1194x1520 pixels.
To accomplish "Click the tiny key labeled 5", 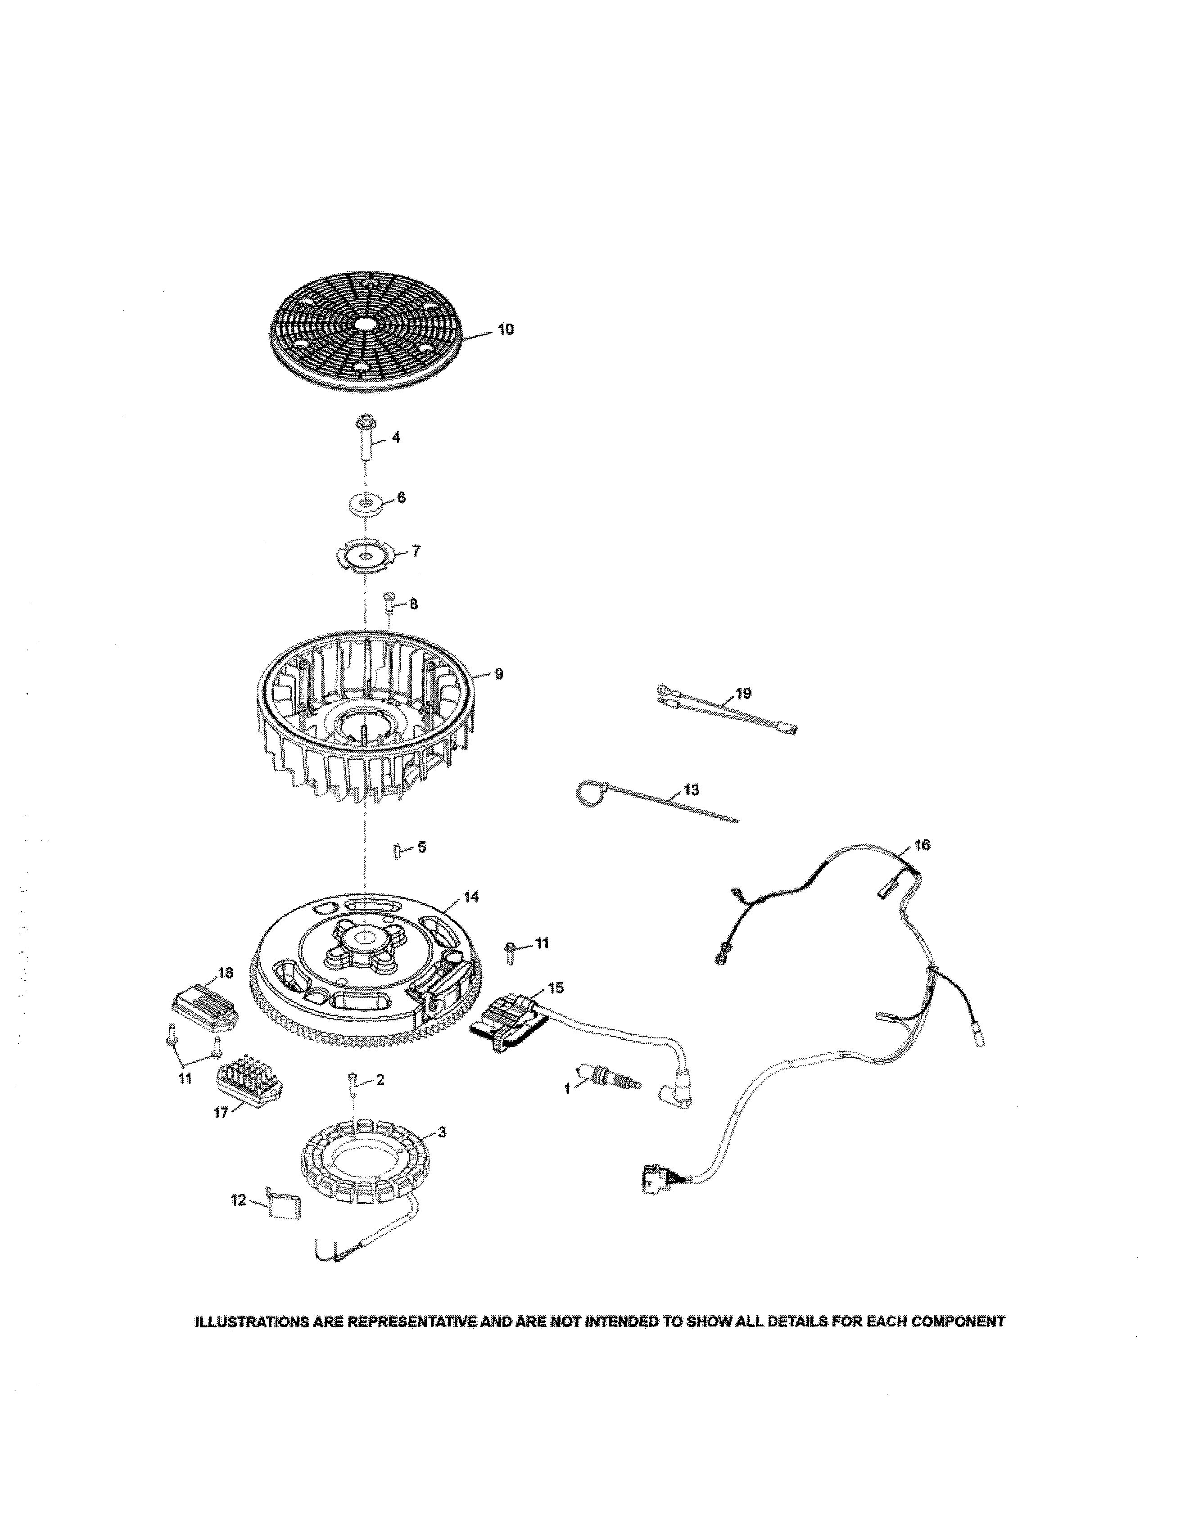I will (x=398, y=851).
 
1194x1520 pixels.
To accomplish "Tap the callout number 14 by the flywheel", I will (x=471, y=897).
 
